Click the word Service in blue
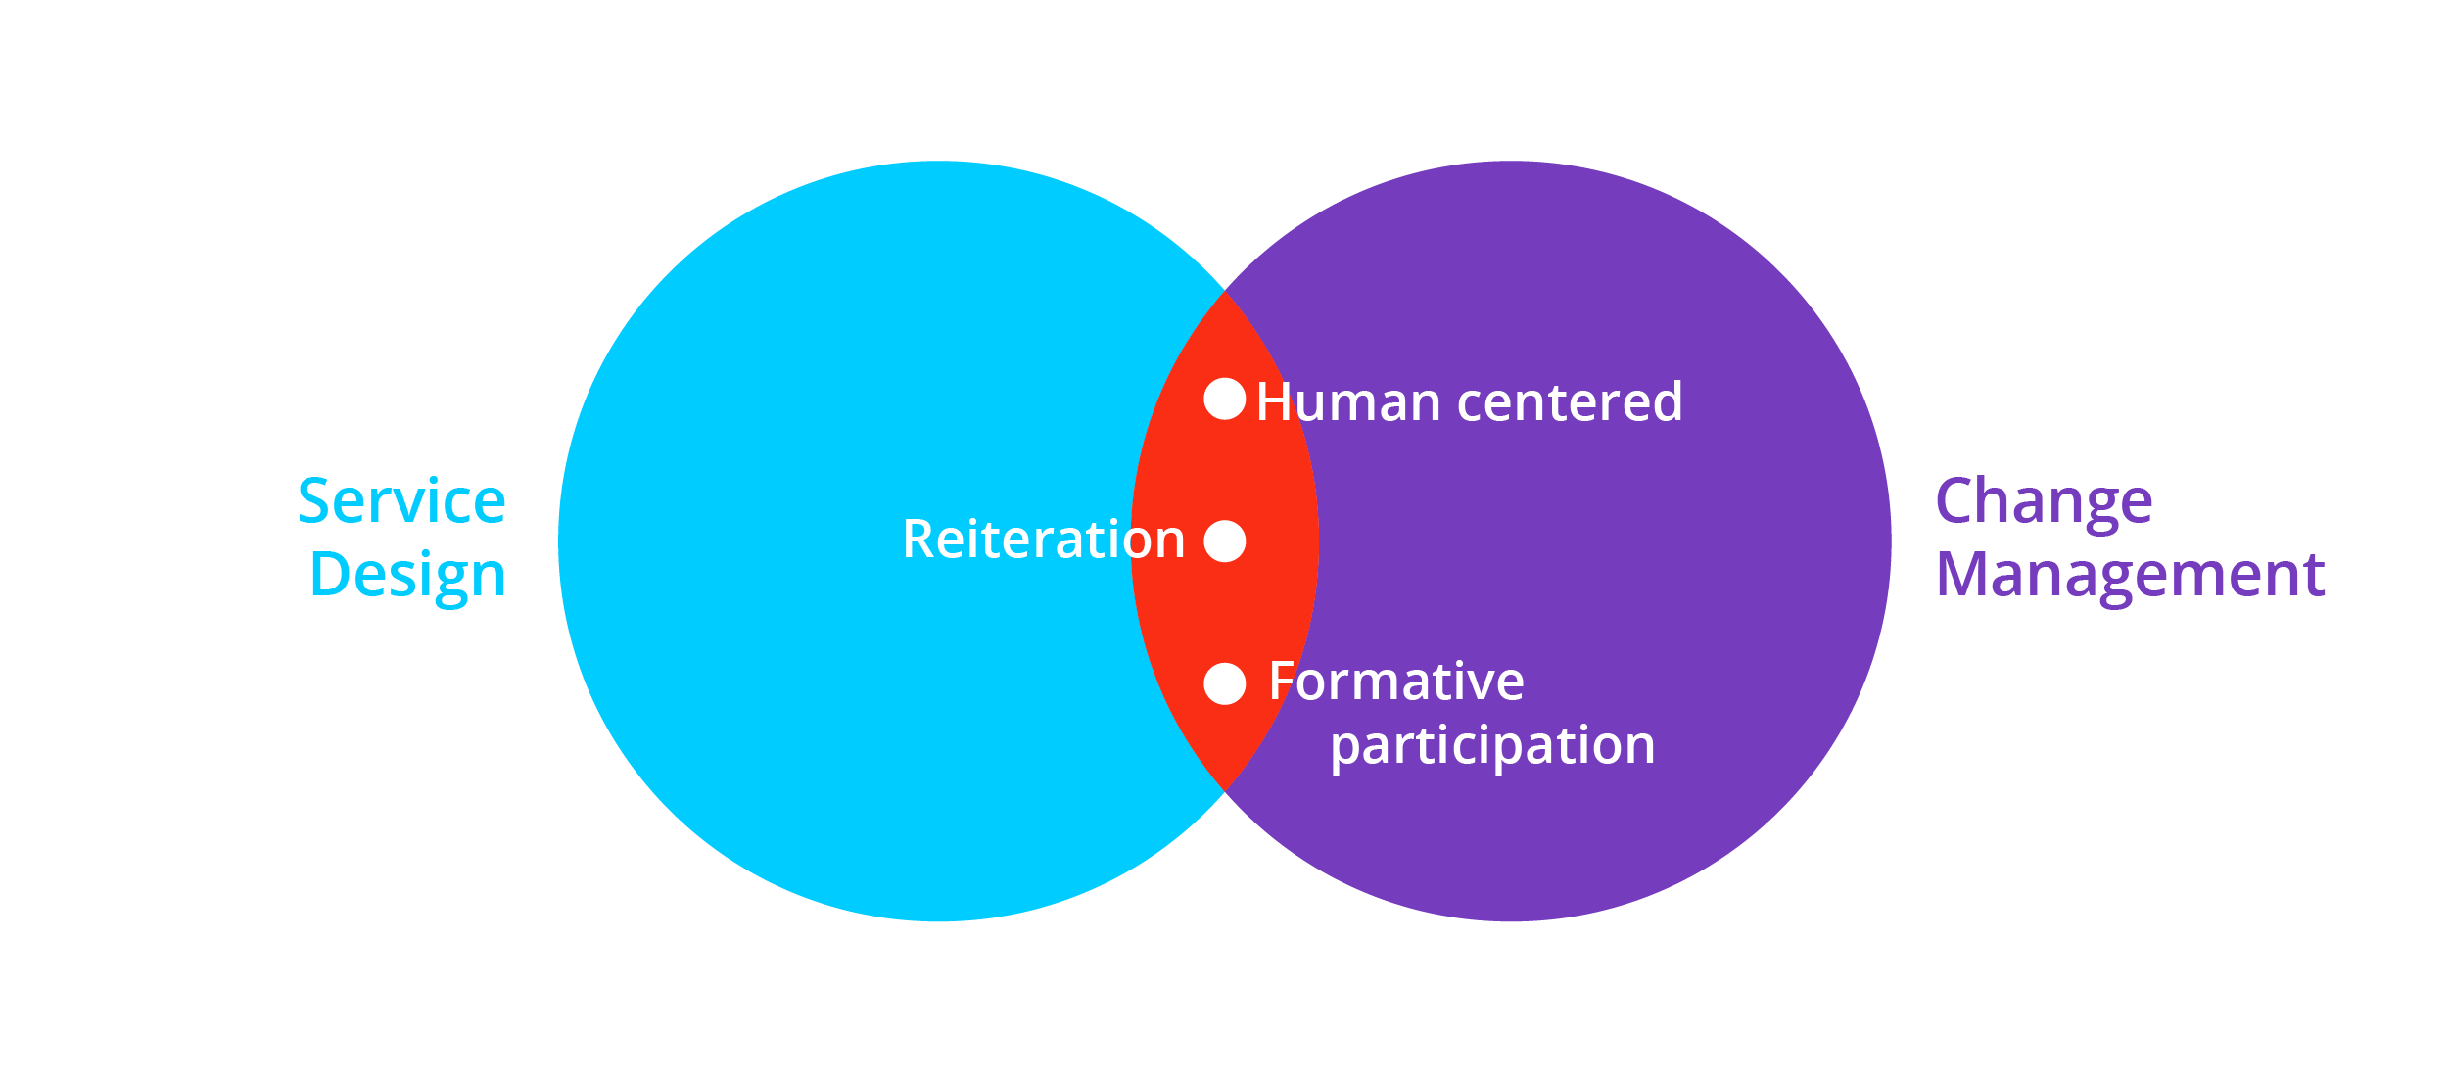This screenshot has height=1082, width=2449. (x=401, y=501)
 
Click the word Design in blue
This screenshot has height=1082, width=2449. (x=407, y=576)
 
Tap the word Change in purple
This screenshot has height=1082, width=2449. (x=2044, y=503)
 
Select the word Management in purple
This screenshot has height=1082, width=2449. (x=2130, y=575)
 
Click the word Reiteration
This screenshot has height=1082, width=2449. (x=1043, y=540)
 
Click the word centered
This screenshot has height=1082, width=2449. (x=1570, y=401)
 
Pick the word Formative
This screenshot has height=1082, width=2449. (x=1395, y=682)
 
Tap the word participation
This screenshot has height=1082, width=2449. (x=1491, y=746)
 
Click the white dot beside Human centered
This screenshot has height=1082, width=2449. (x=1224, y=399)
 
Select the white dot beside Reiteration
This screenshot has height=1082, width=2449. (x=1224, y=541)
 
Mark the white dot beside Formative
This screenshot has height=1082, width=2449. (x=1224, y=683)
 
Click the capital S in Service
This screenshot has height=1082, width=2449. (x=316, y=501)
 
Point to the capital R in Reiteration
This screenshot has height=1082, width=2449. (x=919, y=540)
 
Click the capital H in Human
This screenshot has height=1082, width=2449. (x=1275, y=401)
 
